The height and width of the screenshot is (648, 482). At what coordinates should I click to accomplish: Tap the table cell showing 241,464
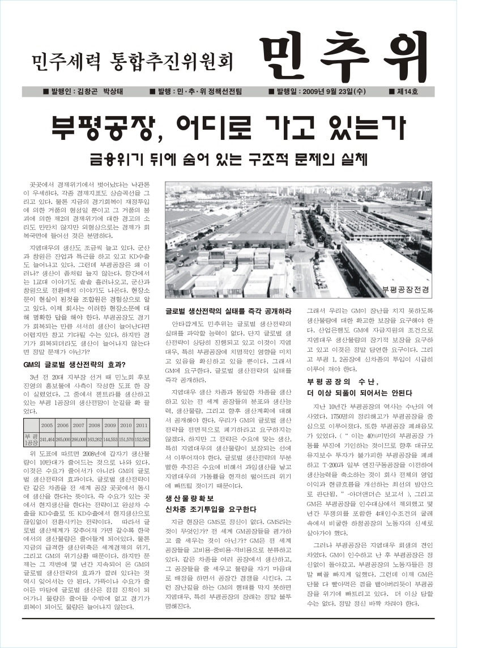click(47, 439)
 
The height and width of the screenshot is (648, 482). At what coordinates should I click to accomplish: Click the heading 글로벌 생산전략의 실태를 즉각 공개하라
click(228, 311)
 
